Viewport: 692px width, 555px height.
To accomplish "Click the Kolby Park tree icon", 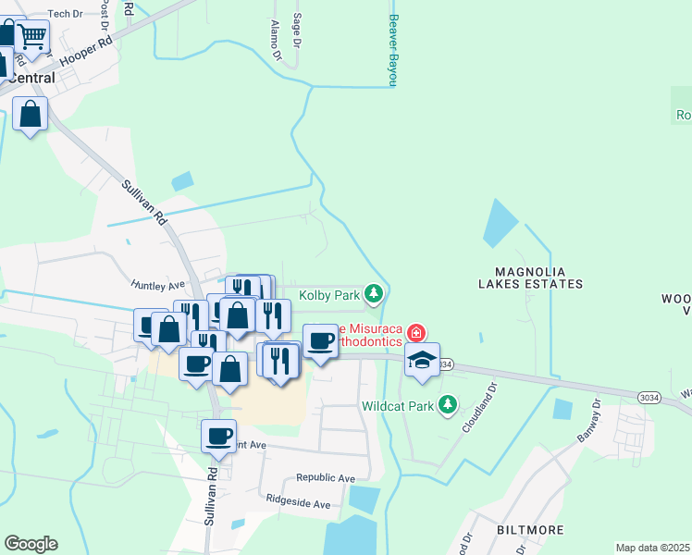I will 373,294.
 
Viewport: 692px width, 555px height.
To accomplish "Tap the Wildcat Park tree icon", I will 448,404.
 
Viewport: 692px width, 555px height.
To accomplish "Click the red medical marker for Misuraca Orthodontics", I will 416,332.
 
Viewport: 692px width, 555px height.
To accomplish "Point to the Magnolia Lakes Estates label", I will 530,277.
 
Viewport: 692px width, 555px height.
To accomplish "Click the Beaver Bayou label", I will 392,50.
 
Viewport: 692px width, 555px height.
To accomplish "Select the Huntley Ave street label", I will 158,285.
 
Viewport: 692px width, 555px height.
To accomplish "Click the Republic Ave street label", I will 326,478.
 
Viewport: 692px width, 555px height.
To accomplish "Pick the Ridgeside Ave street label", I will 298,505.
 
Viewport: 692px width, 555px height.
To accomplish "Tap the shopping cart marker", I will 32,37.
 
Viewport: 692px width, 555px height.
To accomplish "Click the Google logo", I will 31,544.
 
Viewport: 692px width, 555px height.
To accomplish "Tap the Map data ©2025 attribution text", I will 651,548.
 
